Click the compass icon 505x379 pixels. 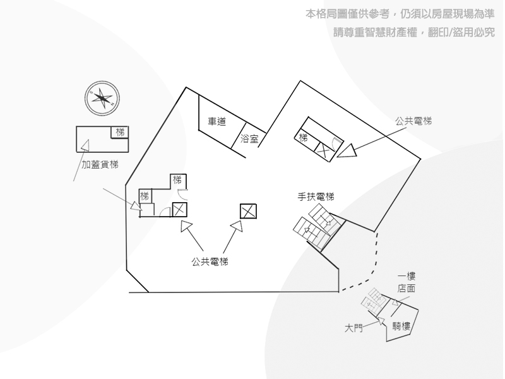click(x=102, y=99)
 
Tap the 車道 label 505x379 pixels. click(x=217, y=121)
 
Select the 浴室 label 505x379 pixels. click(x=249, y=139)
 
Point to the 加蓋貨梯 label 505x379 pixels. click(x=100, y=165)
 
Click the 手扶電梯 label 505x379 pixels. click(x=316, y=196)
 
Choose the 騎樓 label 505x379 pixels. click(x=401, y=326)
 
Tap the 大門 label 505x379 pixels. click(x=353, y=328)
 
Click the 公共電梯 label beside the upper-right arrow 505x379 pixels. click(x=413, y=121)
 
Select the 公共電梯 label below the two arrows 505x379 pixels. click(x=210, y=262)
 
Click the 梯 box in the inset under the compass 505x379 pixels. click(x=120, y=132)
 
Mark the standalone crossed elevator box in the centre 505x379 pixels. click(x=248, y=212)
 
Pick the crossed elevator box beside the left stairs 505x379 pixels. click(x=180, y=210)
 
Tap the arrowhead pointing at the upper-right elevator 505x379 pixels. click(x=347, y=151)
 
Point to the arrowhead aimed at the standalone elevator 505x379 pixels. click(x=238, y=226)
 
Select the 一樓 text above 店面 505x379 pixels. click(x=407, y=276)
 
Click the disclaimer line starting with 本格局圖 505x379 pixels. click(x=400, y=14)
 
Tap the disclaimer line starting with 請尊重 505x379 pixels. click(x=414, y=32)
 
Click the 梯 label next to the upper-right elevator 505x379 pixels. click(x=303, y=138)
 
